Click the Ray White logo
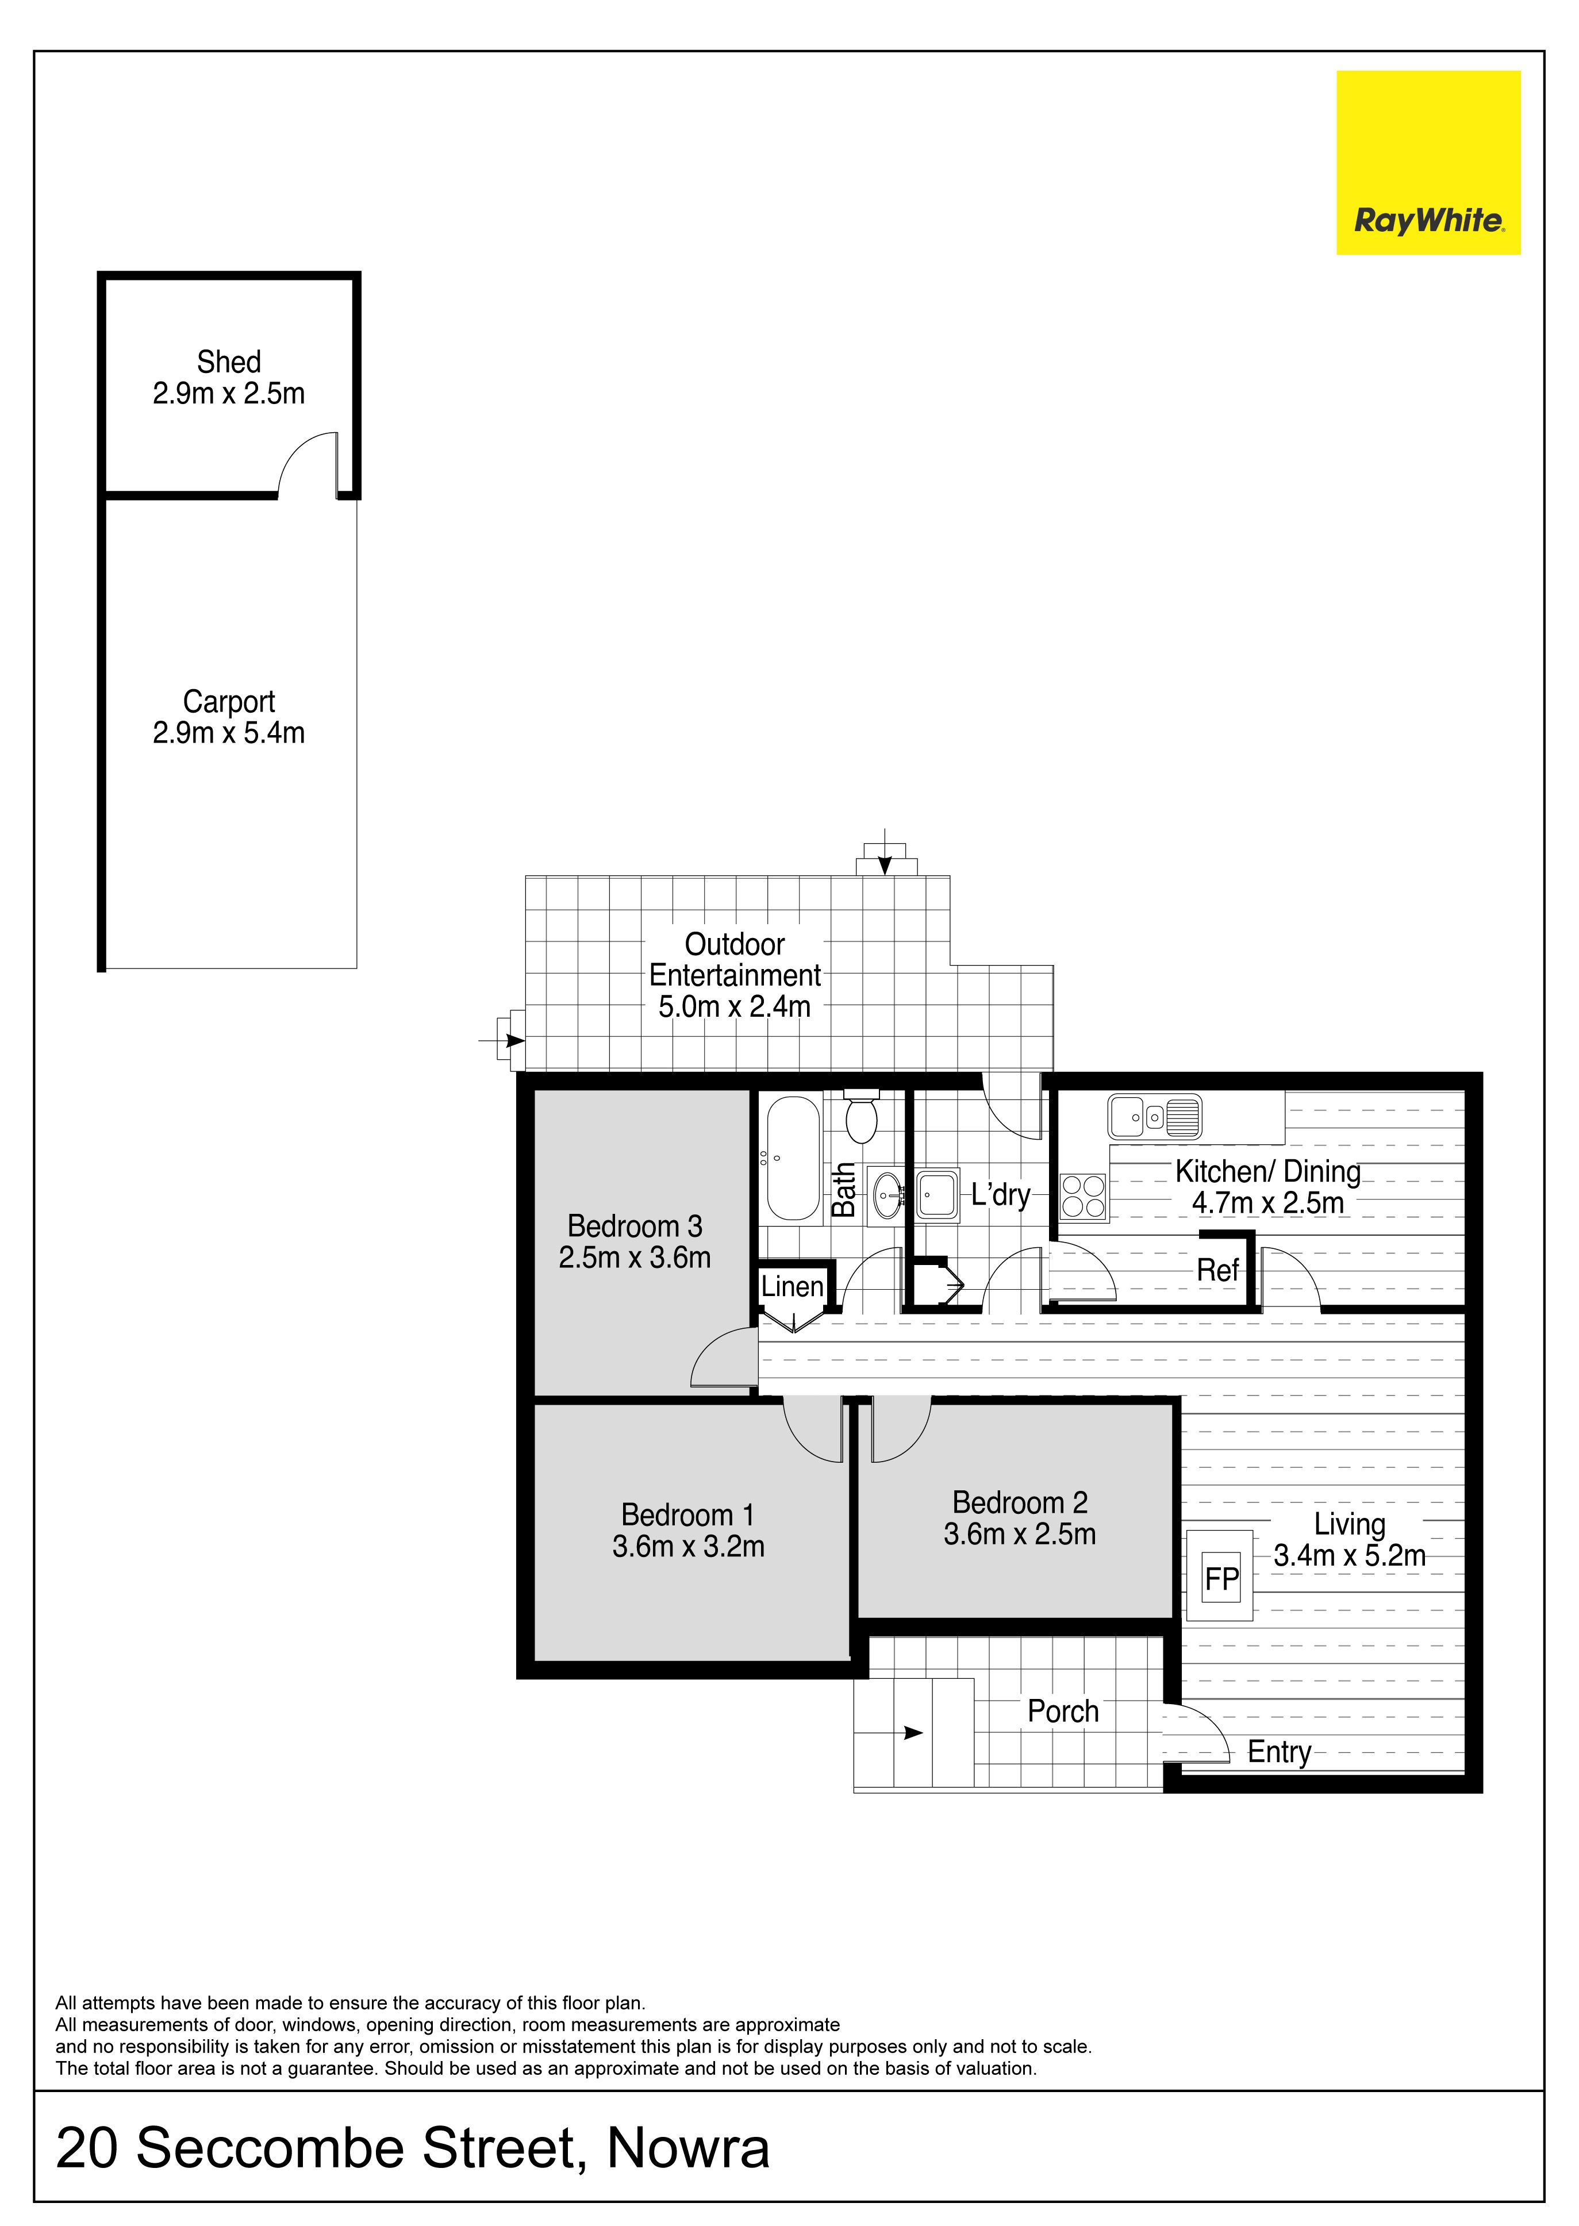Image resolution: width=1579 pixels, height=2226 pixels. point(1427,162)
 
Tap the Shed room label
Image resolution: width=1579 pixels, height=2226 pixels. point(229,362)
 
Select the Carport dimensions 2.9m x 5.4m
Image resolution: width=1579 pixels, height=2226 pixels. point(229,733)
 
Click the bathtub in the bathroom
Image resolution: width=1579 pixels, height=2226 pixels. point(793,1159)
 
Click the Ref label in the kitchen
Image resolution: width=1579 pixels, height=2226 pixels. point(1217,1270)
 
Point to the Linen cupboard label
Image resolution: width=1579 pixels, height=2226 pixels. point(793,1287)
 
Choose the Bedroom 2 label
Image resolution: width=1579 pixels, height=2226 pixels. point(1020,1503)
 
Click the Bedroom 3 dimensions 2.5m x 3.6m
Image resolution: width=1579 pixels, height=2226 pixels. point(635,1258)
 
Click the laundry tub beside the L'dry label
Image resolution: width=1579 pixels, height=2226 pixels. point(938,1195)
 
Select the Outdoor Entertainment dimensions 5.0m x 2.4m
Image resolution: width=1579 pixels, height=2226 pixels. point(734,1007)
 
